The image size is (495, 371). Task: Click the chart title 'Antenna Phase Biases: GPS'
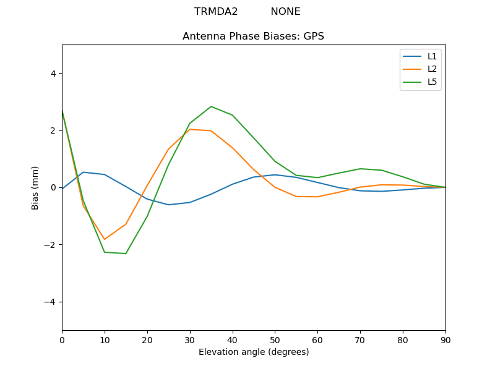tap(253, 36)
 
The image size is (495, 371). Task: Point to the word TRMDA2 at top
tap(216, 12)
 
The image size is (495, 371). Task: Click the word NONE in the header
tap(285, 12)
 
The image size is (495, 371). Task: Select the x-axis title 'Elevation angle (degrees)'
tap(254, 352)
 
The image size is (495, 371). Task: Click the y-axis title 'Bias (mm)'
tap(35, 187)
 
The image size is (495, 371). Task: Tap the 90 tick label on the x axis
tap(445, 339)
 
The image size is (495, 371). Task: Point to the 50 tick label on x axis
tap(275, 339)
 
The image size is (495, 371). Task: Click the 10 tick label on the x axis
tap(105, 339)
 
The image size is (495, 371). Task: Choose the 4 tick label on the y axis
tap(53, 74)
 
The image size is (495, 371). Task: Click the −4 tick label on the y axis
tap(50, 302)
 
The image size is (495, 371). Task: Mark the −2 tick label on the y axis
tap(50, 245)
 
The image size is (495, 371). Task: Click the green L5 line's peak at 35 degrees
tap(211, 106)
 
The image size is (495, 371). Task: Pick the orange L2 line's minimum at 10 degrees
tap(105, 239)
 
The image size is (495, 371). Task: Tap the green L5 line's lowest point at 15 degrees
tap(126, 254)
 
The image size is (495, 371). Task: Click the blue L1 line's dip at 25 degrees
tap(168, 205)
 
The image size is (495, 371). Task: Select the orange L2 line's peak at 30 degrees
tap(190, 129)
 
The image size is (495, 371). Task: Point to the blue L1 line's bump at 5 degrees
tap(83, 172)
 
